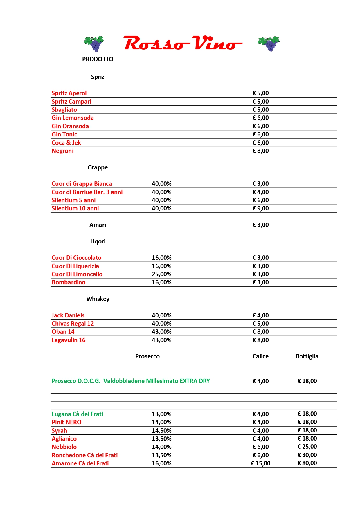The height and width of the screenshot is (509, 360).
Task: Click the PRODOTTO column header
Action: [x=98, y=59]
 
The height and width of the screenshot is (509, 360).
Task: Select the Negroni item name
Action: [x=63, y=151]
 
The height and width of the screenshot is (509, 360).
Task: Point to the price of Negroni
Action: [x=260, y=151]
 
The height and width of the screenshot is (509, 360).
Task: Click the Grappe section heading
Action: [x=98, y=167]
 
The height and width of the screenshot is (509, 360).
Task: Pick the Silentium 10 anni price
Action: [x=260, y=208]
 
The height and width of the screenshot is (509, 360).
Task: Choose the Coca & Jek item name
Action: [x=66, y=143]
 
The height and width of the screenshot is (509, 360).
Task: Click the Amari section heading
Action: [x=98, y=225]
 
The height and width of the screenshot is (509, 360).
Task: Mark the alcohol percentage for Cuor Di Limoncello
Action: [x=161, y=274]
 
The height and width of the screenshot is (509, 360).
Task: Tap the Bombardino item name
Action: [x=69, y=282]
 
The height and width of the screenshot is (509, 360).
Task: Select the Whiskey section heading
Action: [x=98, y=299]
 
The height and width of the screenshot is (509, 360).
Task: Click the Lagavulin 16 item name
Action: [x=69, y=340]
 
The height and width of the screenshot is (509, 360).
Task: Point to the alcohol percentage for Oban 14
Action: [x=161, y=332]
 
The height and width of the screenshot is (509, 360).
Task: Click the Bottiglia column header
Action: [x=307, y=356]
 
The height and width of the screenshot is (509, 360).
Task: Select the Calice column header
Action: [x=260, y=356]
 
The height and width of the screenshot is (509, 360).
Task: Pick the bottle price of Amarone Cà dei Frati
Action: [x=307, y=463]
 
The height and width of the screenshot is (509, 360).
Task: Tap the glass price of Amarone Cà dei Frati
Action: [x=260, y=463]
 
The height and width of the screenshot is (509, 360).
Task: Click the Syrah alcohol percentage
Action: [x=161, y=431]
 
